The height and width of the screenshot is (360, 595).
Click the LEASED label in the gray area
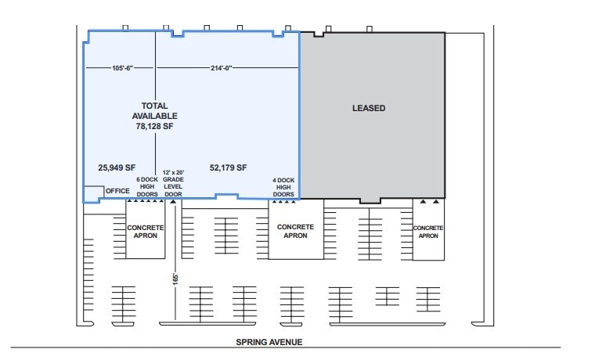[369, 108]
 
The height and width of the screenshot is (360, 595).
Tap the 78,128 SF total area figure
[154, 126]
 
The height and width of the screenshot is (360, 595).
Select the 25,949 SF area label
[117, 167]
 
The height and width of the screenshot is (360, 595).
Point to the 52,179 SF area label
[228, 167]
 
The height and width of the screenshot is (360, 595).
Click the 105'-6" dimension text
[122, 68]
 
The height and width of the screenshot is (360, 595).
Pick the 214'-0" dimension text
[222, 68]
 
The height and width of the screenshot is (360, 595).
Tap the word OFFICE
[117, 191]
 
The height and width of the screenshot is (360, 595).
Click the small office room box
[93, 192]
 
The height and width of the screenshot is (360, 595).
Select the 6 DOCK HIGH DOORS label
[147, 186]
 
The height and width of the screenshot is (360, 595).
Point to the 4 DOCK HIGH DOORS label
[283, 187]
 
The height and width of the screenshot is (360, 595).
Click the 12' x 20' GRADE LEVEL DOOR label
[173, 183]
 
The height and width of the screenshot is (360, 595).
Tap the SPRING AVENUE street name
[269, 342]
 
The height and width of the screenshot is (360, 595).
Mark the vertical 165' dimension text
[175, 279]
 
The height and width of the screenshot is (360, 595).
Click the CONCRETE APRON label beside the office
[146, 232]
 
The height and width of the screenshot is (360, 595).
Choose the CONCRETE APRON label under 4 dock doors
[296, 231]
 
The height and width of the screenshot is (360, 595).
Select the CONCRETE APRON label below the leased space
[428, 232]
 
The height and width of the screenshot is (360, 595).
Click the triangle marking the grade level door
[173, 201]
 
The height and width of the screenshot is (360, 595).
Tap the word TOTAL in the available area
[154, 106]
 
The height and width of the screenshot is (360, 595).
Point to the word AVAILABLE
[154, 116]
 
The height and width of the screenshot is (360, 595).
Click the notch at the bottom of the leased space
[370, 200]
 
